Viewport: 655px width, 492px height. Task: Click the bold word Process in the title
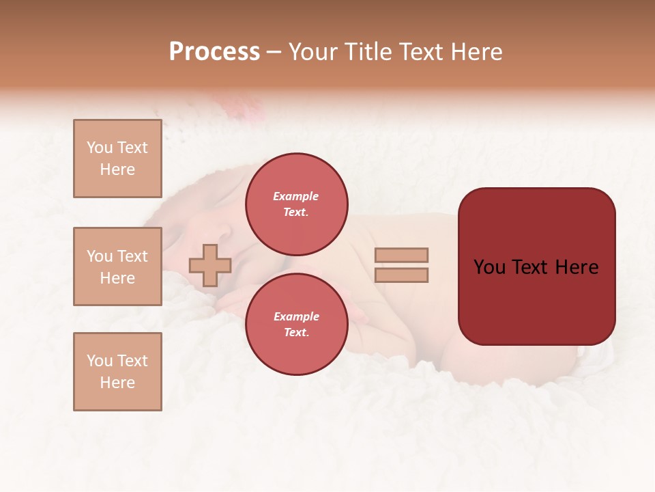[214, 52]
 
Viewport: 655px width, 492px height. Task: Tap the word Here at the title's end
[476, 52]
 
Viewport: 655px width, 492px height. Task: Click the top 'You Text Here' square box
[117, 159]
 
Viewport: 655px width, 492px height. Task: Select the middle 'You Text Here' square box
[117, 266]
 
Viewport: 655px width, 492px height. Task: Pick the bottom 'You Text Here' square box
[117, 372]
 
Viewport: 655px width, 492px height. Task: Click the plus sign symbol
[209, 265]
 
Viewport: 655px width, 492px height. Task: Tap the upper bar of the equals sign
[401, 255]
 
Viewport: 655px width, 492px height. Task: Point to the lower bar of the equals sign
[401, 275]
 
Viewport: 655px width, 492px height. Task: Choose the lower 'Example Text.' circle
[296, 324]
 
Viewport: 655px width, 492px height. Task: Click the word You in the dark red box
[490, 267]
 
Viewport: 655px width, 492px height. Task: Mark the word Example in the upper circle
[296, 196]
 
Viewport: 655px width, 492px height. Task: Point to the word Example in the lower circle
[296, 316]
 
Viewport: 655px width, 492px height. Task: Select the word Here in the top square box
[117, 169]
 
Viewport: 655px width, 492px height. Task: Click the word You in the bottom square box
[100, 361]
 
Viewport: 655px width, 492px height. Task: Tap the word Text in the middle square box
[132, 256]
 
